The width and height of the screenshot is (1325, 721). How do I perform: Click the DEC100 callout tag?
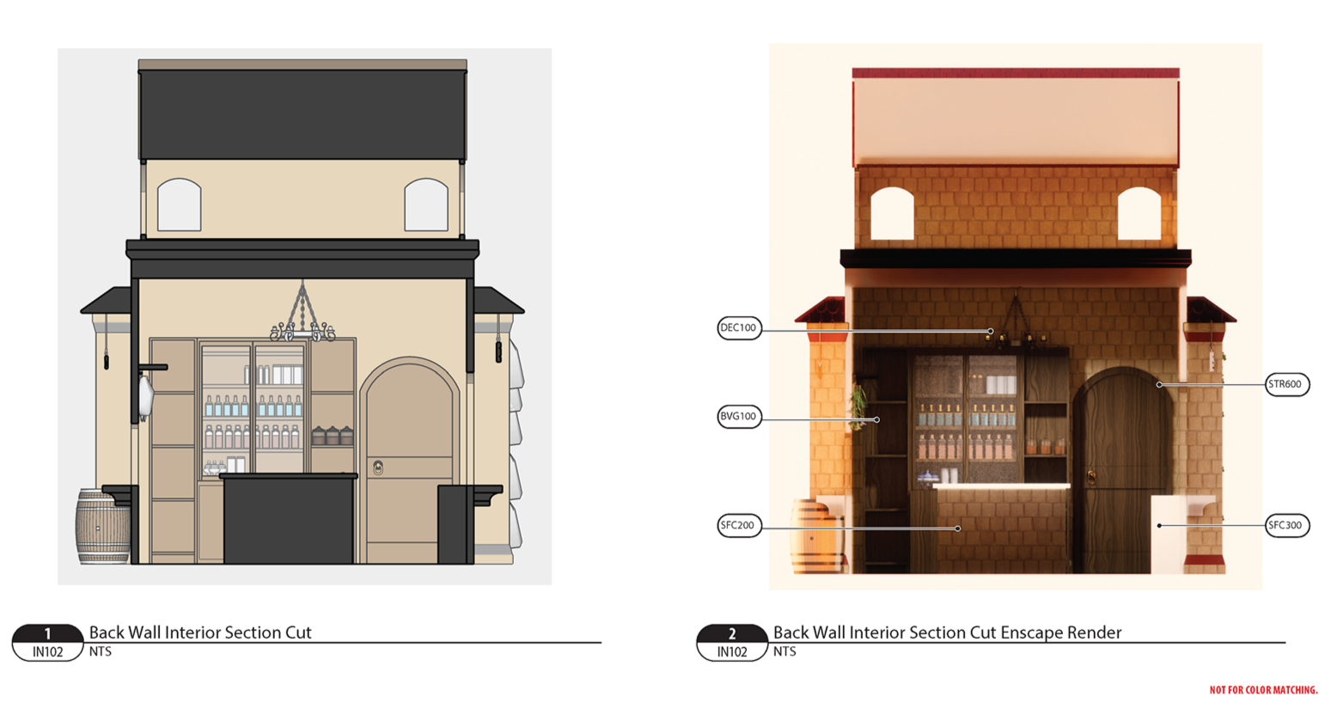[x=739, y=327]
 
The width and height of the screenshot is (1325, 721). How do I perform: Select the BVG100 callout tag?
[x=739, y=417]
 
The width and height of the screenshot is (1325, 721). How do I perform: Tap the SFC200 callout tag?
[x=739, y=525]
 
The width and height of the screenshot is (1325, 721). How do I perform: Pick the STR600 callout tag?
[x=1286, y=384]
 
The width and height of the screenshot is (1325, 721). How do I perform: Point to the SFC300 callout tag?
[x=1286, y=525]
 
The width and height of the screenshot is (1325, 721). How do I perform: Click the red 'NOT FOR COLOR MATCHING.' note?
[x=1263, y=690]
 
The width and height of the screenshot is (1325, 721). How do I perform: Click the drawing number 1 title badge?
[x=47, y=642]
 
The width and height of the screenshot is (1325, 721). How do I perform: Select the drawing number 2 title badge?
[x=731, y=642]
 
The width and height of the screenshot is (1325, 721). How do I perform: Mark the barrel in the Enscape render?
[x=816, y=537]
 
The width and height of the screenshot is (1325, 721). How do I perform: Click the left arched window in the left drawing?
[x=179, y=205]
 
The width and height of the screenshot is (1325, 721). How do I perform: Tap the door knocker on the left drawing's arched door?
[x=377, y=467]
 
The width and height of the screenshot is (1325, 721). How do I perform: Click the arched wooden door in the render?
[x=1117, y=464]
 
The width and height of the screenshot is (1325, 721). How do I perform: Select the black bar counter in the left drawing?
[x=288, y=518]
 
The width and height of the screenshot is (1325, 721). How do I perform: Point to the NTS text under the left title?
[x=101, y=652]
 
